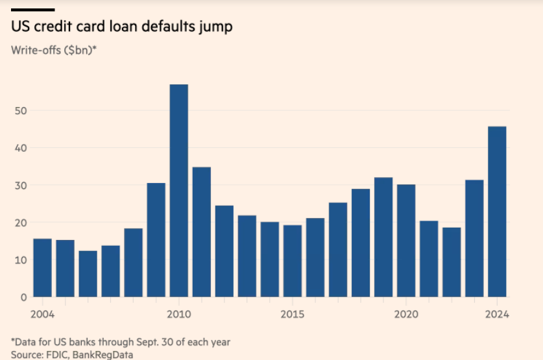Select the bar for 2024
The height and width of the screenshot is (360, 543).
point(497,211)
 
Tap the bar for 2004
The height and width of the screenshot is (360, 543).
point(42,267)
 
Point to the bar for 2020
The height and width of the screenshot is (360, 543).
point(406,240)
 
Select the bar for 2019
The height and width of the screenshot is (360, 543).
point(383,237)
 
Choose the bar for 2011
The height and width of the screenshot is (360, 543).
point(202,232)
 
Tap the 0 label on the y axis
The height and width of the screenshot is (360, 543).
point(23,297)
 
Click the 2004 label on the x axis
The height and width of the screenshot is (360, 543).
point(42,315)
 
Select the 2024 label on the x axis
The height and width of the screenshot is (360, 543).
point(497,315)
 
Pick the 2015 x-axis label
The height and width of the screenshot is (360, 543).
point(293,315)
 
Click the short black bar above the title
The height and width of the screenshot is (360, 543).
point(32,10)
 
